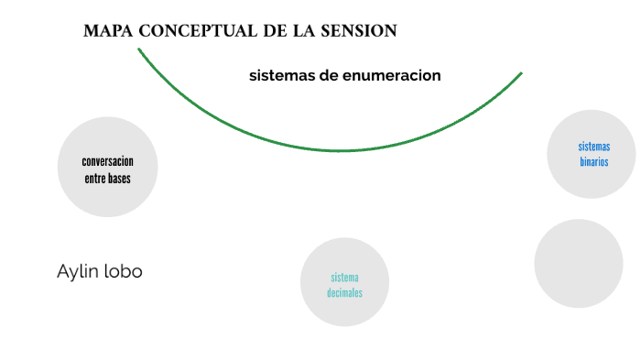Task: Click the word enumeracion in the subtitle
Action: click(x=392, y=76)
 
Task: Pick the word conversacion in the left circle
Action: click(x=107, y=161)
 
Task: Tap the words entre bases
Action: click(x=107, y=179)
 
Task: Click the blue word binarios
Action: click(x=593, y=162)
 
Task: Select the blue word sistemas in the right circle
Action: click(x=593, y=147)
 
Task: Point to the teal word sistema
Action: click(x=345, y=278)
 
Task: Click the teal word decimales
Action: click(x=345, y=293)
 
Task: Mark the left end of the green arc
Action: click(x=139, y=49)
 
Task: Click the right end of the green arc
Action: click(x=521, y=73)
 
